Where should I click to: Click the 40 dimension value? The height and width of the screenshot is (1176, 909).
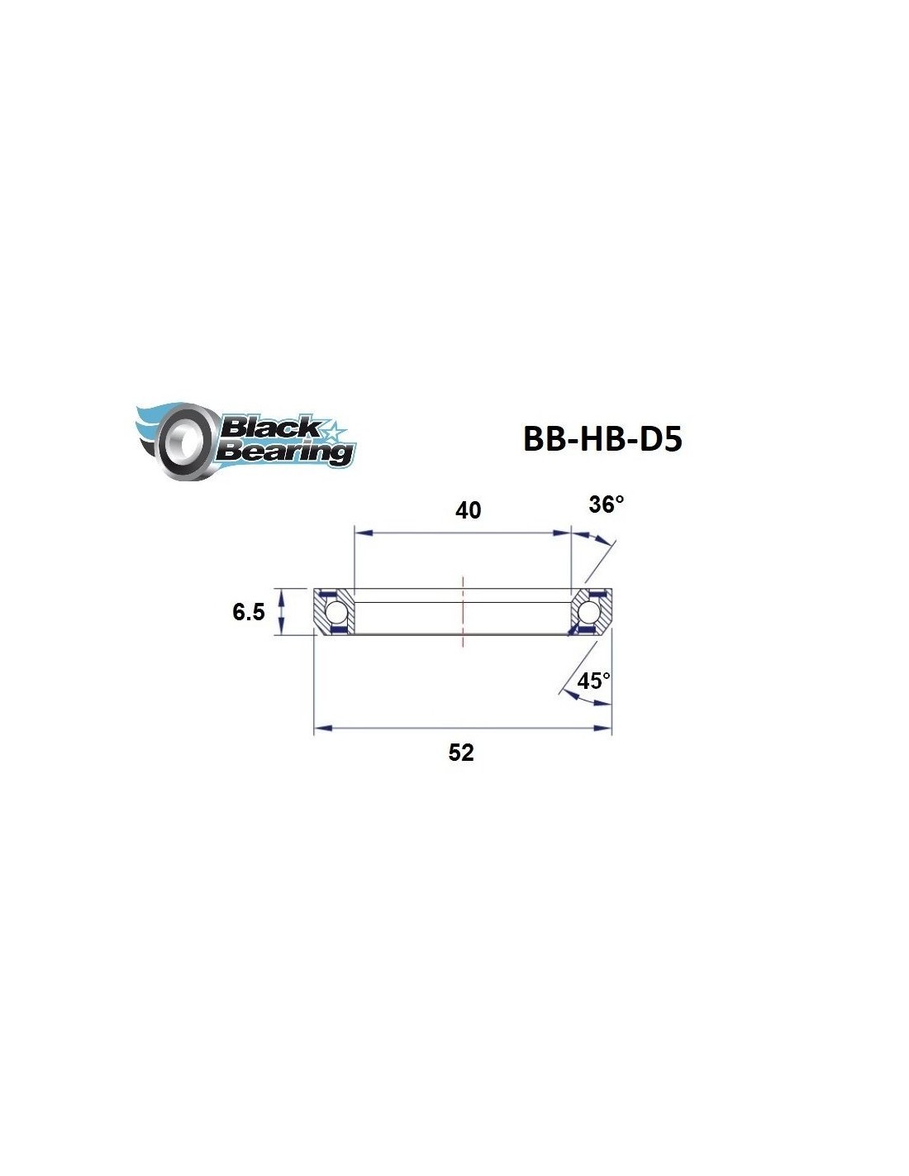point(468,510)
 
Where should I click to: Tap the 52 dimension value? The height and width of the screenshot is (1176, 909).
point(461,753)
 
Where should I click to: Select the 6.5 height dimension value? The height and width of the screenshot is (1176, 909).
point(248,612)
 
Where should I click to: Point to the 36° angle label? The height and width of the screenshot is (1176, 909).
point(606,504)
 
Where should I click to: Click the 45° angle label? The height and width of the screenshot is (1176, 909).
point(593,681)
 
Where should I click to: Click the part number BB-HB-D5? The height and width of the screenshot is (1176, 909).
point(602,439)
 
